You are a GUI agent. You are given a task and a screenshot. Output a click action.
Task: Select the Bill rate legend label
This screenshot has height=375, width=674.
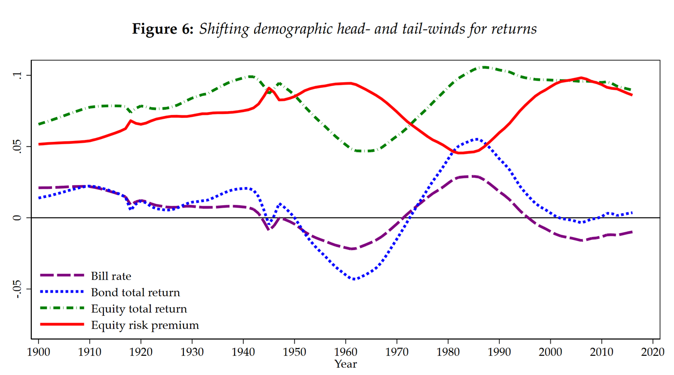[x=111, y=276]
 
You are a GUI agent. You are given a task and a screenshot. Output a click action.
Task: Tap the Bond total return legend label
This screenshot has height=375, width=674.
[x=135, y=292]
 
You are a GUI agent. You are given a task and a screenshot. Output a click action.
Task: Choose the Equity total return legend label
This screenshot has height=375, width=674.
[x=139, y=309]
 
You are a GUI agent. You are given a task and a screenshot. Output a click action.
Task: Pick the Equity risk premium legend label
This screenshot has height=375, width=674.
[x=145, y=325]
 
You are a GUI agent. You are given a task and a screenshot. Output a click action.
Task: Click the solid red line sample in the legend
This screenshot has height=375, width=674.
[x=62, y=325]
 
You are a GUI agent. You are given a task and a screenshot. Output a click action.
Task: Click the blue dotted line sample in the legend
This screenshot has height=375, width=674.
[x=62, y=292]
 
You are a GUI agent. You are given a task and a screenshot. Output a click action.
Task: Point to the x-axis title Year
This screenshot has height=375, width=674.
[x=346, y=364]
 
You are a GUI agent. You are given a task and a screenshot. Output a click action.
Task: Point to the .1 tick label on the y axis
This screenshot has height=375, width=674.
[x=18, y=75]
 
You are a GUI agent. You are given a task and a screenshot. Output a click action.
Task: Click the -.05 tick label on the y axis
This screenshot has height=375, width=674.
[x=18, y=289]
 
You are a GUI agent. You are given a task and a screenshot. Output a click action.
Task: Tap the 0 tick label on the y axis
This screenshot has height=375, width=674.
[x=18, y=218]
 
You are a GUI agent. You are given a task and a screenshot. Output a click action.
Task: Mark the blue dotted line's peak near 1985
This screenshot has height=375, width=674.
[x=476, y=139]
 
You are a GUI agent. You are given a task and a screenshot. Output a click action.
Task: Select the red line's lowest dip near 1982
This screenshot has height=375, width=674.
[x=460, y=153]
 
